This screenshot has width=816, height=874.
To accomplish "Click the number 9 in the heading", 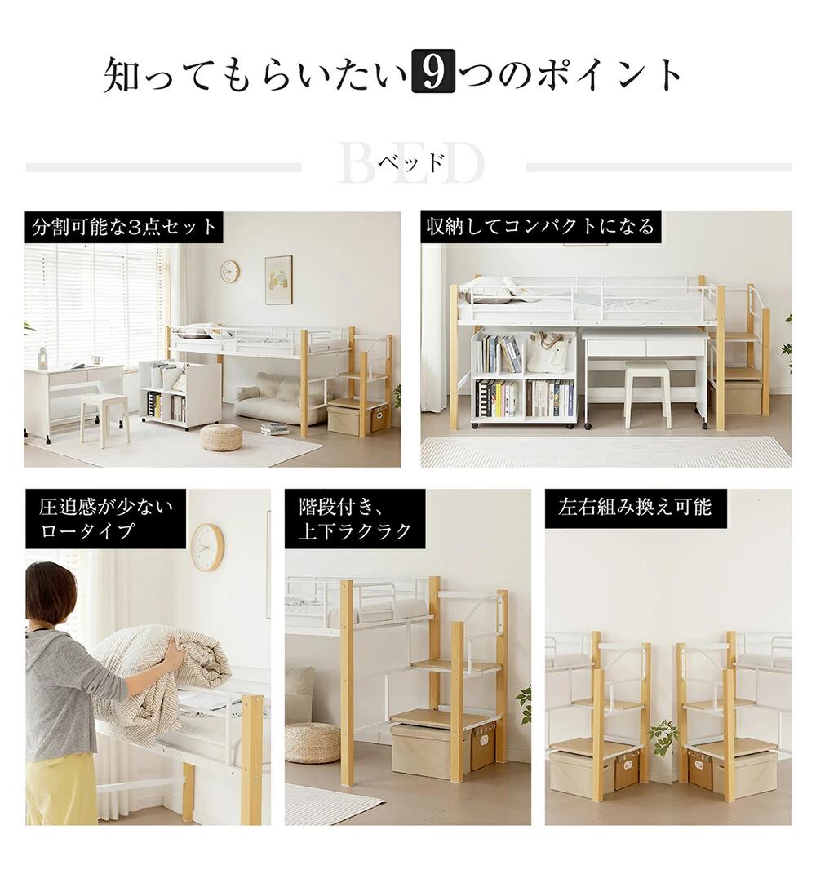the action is click(432, 71).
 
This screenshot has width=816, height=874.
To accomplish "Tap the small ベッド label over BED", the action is click(410, 162).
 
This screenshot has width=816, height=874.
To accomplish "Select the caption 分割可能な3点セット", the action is click(124, 227).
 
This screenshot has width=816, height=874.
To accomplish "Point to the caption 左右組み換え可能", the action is click(635, 507).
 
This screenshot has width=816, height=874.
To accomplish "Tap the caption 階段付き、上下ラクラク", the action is click(355, 518).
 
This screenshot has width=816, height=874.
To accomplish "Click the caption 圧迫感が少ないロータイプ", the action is click(106, 518).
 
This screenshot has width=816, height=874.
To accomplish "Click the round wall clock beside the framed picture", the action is click(229, 272).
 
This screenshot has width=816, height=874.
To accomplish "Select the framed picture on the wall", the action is click(278, 280).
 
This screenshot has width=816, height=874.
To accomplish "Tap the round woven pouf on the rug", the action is click(221, 437).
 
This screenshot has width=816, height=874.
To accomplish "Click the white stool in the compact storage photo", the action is click(646, 394).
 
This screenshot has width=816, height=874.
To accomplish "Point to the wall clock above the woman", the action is click(207, 547).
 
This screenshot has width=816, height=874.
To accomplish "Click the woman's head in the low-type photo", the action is click(50, 590).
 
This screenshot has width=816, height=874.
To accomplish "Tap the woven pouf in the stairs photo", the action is click(312, 743).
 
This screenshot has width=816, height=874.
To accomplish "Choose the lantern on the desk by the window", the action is click(42, 357).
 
